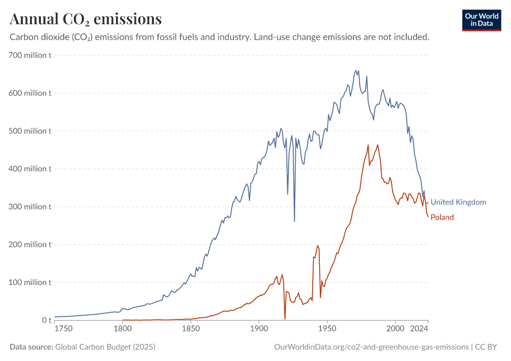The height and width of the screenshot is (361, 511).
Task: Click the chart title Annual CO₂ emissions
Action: [x=85, y=19]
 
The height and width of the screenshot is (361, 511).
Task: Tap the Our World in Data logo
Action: [x=482, y=20]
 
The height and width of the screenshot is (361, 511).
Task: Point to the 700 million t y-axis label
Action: [x=29, y=55]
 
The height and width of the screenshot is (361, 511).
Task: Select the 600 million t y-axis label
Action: [x=29, y=93]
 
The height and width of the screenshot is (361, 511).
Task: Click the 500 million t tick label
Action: [x=29, y=131]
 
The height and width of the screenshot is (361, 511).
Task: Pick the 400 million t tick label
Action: [x=29, y=169]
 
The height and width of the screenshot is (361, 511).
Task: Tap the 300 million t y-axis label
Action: [x=29, y=207]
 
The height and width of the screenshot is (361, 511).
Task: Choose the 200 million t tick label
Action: [x=29, y=245]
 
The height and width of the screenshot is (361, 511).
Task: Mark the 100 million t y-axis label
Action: [x=29, y=283]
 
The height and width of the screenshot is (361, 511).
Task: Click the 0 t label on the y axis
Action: [x=47, y=320]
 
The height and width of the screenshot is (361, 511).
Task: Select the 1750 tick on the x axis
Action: [x=63, y=330]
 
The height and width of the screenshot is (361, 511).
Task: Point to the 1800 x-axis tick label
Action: [x=123, y=330]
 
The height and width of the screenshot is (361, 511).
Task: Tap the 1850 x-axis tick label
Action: [x=191, y=330]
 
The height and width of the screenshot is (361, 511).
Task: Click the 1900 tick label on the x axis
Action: [x=259, y=330]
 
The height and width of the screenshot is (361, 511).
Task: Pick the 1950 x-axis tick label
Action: [x=327, y=330]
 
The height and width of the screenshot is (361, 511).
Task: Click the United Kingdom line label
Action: [x=458, y=202]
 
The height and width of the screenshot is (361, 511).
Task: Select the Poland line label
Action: [x=442, y=217]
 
